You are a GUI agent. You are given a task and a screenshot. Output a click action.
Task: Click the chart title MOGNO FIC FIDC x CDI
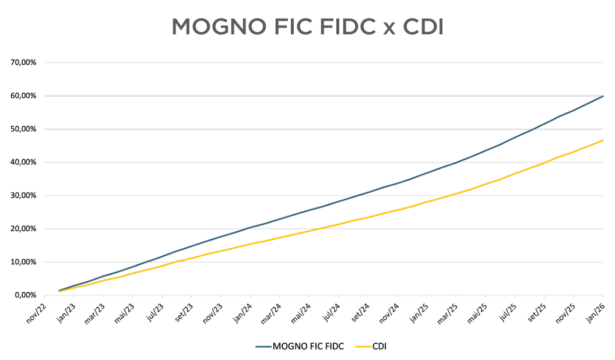click(307, 27)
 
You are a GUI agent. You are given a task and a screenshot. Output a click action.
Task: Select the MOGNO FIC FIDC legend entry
click(300, 347)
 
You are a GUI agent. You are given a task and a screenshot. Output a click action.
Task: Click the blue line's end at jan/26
click(603, 96)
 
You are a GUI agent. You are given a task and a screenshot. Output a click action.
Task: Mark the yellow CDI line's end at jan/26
click(603, 140)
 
